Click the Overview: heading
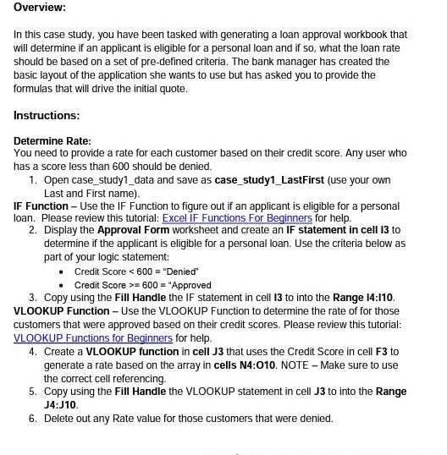[39, 8]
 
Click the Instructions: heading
[47, 115]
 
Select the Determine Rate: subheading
[52, 140]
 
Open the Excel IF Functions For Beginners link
[237, 218]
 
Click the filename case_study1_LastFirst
[271, 180]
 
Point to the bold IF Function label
[41, 206]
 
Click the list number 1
[32, 180]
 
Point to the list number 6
[32, 419]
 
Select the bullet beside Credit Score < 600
[62, 271]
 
